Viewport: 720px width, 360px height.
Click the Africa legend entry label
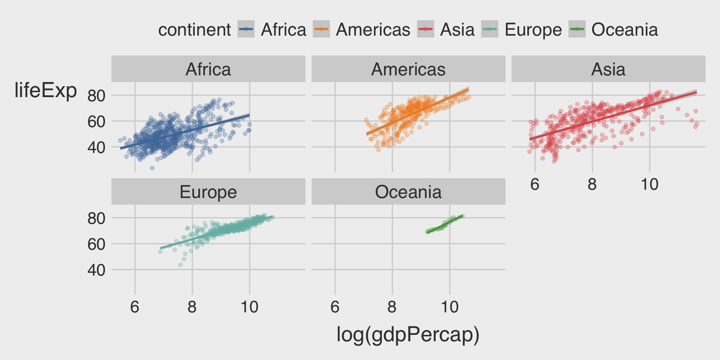(x=283, y=30)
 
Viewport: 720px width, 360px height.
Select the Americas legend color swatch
(x=321, y=30)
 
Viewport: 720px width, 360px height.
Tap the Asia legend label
(x=457, y=30)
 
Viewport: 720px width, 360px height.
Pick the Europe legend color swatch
(x=489, y=30)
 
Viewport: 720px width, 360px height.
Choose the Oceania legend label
(x=624, y=30)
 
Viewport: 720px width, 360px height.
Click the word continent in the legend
(x=194, y=30)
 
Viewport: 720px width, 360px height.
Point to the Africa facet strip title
(x=208, y=69)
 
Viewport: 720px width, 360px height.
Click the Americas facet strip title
(x=408, y=69)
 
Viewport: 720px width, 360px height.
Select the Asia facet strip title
(x=608, y=69)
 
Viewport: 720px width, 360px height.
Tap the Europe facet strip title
(x=208, y=192)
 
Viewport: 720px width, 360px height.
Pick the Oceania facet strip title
(x=408, y=192)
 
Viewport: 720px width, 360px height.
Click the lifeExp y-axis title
(x=45, y=90)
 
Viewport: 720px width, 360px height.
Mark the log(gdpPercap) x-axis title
(x=408, y=334)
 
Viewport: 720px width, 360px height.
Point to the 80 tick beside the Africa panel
(x=96, y=96)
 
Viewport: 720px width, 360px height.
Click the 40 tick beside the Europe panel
(x=96, y=270)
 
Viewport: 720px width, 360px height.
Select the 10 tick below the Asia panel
(x=649, y=184)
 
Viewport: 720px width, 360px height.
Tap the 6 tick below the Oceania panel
(x=335, y=307)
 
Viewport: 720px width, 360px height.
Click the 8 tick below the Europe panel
(x=192, y=307)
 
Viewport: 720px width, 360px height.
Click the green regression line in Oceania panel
(x=445, y=224)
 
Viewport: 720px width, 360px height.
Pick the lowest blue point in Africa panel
(x=152, y=168)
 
